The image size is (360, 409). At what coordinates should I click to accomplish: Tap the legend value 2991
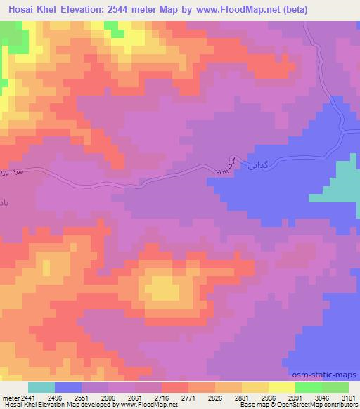click(295, 398)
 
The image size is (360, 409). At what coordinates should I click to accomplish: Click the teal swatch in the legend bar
click(41, 387)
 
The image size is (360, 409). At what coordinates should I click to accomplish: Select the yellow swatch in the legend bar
click(282, 387)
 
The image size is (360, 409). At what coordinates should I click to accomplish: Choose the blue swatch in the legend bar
click(68, 387)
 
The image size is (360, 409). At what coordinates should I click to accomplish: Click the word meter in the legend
click(9, 398)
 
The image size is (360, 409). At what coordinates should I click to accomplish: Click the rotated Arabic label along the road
click(221, 167)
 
